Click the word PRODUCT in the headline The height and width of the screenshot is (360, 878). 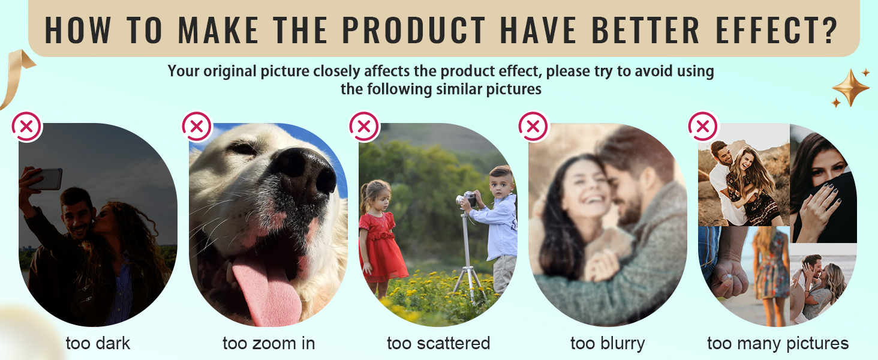point(414,30)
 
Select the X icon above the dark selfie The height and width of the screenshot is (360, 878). point(26,127)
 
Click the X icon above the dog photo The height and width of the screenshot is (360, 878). point(197,126)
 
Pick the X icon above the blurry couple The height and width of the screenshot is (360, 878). point(533,127)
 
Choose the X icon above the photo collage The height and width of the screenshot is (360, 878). point(703,126)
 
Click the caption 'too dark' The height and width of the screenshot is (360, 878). point(98,343)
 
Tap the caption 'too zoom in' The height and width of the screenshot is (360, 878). point(269,343)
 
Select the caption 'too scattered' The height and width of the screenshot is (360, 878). point(438,343)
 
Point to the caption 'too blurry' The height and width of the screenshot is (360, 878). point(608,344)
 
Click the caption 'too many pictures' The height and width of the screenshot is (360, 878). point(778,344)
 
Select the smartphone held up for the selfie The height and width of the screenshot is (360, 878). point(46,179)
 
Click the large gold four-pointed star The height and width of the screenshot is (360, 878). point(850,88)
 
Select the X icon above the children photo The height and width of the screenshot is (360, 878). point(364,127)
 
